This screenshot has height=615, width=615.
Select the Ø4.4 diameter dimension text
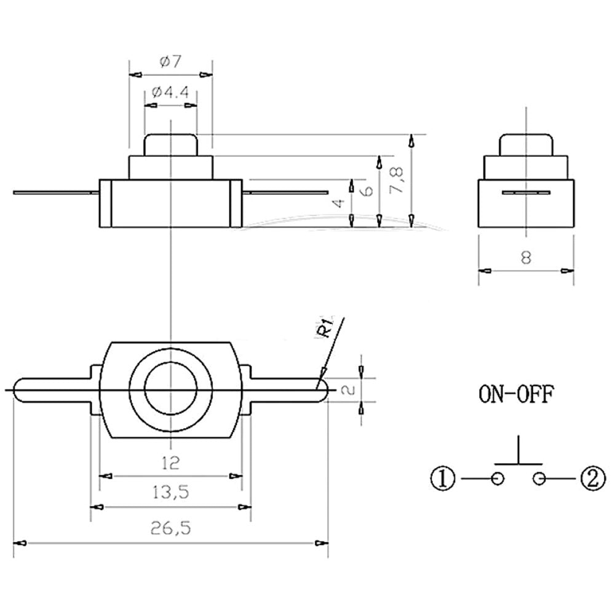171,93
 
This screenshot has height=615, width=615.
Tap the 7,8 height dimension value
398,179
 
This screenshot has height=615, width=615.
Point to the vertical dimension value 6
368,190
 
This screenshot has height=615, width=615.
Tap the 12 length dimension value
171,462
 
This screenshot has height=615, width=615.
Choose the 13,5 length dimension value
171,492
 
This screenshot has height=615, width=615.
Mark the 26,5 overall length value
170,528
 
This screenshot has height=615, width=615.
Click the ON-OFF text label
517,393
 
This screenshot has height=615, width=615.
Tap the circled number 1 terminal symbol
443,477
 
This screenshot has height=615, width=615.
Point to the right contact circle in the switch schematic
540,478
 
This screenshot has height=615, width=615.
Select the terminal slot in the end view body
526,193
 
